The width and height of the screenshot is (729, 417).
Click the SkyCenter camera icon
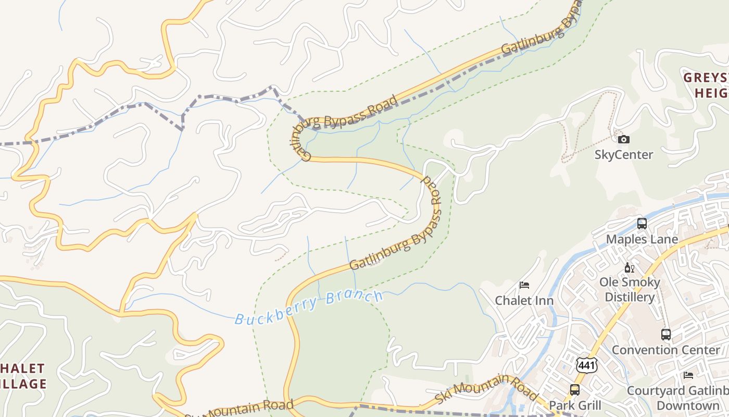click(623, 139)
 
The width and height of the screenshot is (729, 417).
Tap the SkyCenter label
click(623, 155)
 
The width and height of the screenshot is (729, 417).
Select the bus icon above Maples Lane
click(642, 224)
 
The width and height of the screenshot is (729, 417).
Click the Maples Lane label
click(642, 239)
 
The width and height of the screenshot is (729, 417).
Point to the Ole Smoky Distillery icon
click(629, 267)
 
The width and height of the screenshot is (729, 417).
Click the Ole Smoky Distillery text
click(630, 290)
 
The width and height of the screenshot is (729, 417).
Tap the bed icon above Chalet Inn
click(524, 285)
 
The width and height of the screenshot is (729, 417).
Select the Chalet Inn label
click(524, 301)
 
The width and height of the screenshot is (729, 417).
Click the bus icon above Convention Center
click(665, 334)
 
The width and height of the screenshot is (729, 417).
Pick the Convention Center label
click(665, 350)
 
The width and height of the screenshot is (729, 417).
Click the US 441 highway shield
click(586, 365)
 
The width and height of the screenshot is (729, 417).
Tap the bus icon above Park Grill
click(574, 389)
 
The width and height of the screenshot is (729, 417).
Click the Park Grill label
click(575, 405)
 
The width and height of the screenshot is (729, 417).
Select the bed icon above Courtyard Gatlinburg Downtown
click(688, 375)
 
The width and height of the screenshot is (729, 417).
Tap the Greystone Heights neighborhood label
click(707, 85)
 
